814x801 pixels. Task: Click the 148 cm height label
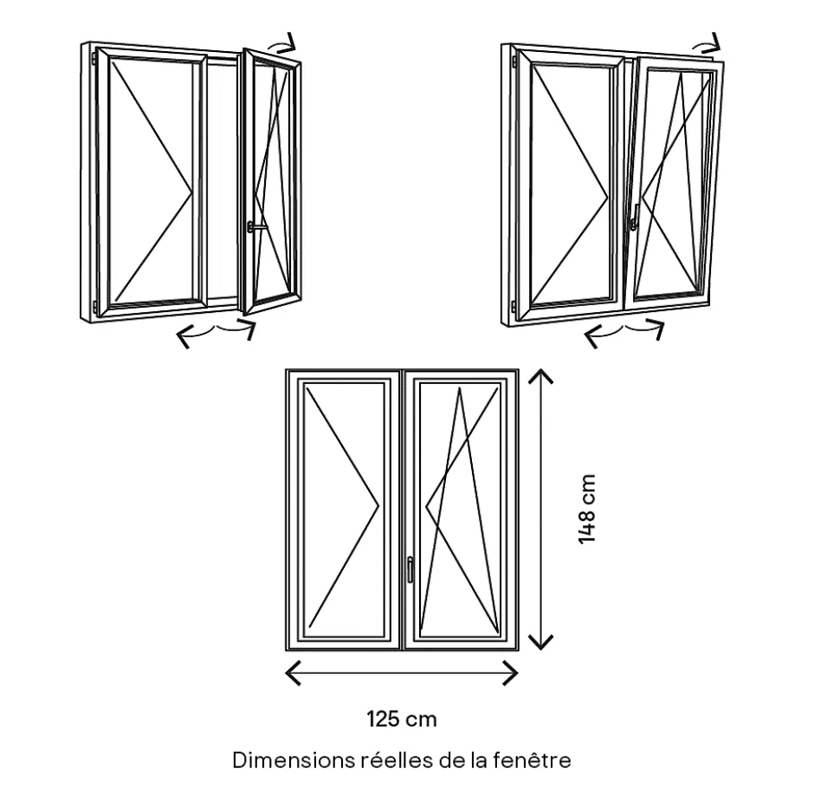tap(588, 509)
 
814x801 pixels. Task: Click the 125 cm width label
tap(401, 719)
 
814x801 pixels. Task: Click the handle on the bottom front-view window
tap(410, 569)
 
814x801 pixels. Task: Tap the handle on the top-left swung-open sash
tap(254, 227)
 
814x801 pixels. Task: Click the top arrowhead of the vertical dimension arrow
tap(541, 376)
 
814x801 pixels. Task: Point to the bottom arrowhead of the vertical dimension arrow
tap(541, 641)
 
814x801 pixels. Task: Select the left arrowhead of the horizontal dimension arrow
tap(294, 672)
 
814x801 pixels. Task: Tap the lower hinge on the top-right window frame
tap(513, 306)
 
